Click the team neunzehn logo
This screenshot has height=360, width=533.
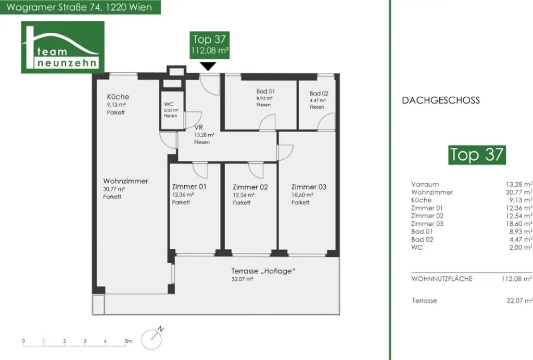pyautogui.click(x=62, y=47)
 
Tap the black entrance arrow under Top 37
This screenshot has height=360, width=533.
pyautogui.click(x=208, y=66)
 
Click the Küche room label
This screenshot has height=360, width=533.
pyautogui.click(x=118, y=97)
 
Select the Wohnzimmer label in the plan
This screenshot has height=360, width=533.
pyautogui.click(x=125, y=181)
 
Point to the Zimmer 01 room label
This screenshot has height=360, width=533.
pyautogui.click(x=189, y=187)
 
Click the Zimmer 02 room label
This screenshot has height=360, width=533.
pyautogui.click(x=250, y=187)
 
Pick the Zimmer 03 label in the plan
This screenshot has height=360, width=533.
pyautogui.click(x=309, y=187)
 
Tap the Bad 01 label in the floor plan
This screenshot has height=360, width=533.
pyautogui.click(x=265, y=91)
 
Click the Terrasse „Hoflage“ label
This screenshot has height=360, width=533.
pyautogui.click(x=263, y=271)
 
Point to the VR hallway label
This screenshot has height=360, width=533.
pyautogui.click(x=198, y=127)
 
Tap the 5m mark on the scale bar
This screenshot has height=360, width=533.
pyautogui.click(x=128, y=341)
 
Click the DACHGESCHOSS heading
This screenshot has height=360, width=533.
pyautogui.click(x=440, y=100)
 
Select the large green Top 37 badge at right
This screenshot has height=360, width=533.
pyautogui.click(x=477, y=155)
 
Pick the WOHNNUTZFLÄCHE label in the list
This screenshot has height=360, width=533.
pyautogui.click(x=441, y=279)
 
